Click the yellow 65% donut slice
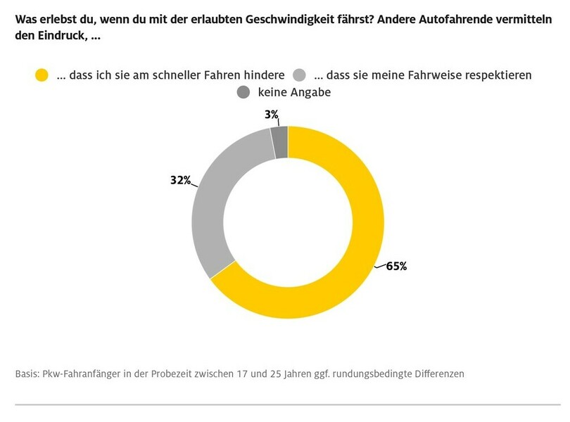352,267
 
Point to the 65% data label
397,267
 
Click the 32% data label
180,180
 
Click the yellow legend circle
42,75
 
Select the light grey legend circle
299,75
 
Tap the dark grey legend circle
243,93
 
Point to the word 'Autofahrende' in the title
457,20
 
